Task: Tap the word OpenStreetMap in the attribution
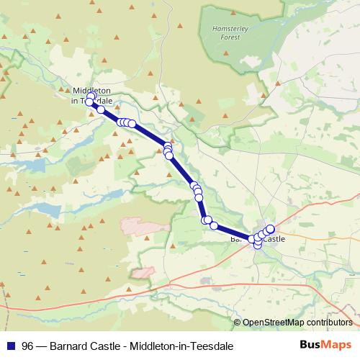274,323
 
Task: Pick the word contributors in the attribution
329,323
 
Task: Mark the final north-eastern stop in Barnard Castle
270,229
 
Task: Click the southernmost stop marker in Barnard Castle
258,246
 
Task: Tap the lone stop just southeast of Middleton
101,110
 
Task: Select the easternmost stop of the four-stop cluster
132,124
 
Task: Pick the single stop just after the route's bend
214,226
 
